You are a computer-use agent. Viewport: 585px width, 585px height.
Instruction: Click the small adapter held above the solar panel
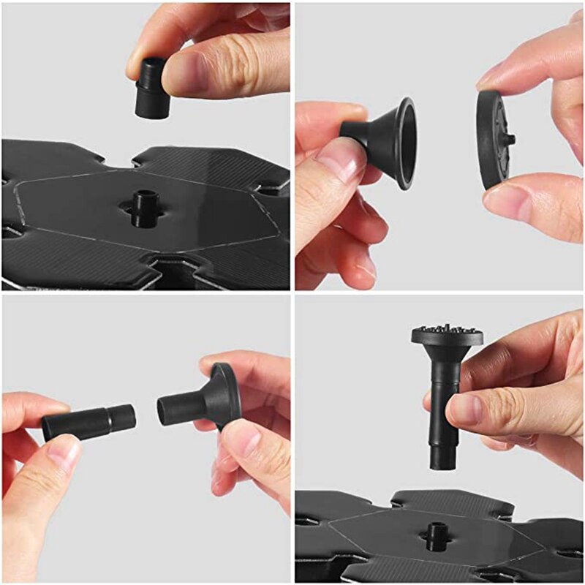coord(151,88)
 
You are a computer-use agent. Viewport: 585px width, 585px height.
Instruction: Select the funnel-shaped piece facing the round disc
coord(384,141)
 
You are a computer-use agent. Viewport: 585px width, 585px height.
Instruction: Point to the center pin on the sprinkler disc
coord(510,138)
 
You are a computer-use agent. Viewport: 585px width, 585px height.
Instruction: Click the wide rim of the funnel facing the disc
coord(404,143)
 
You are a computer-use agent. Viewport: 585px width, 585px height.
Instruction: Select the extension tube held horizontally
coord(88,423)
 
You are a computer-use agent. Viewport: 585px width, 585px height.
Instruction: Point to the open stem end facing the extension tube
coord(167,408)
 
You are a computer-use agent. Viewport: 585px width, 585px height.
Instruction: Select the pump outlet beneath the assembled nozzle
coord(437,536)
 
